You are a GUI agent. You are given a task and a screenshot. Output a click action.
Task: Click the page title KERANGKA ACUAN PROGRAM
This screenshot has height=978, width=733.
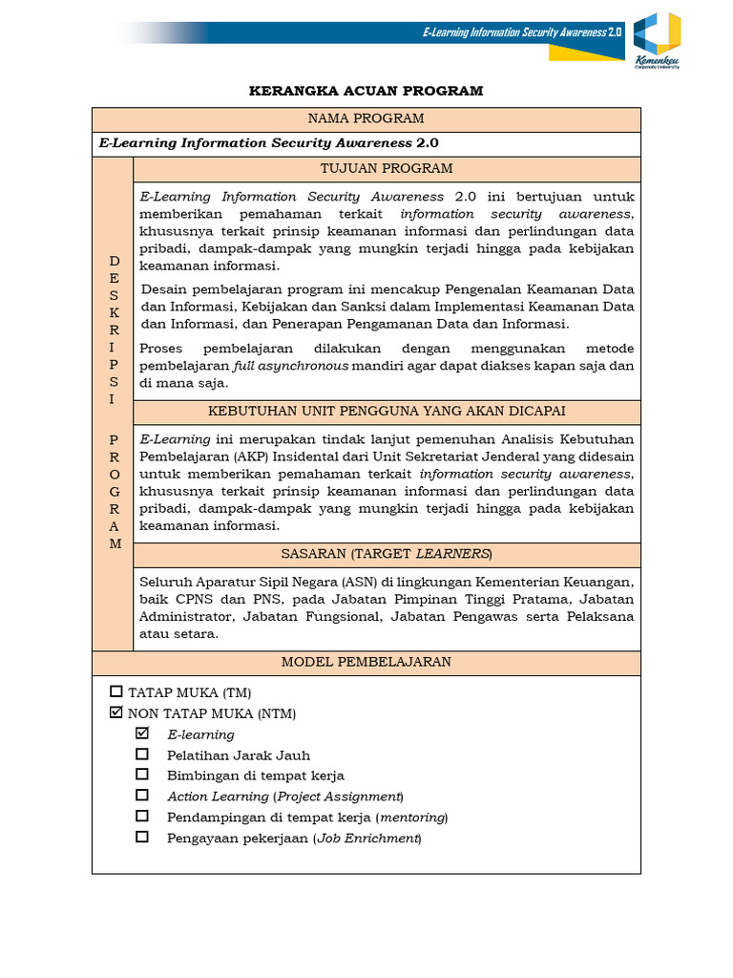[x=366, y=91]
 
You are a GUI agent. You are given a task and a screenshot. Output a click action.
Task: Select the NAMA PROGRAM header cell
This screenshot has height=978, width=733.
[x=366, y=118]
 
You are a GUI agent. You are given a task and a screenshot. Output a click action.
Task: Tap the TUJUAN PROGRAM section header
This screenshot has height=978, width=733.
[x=387, y=169]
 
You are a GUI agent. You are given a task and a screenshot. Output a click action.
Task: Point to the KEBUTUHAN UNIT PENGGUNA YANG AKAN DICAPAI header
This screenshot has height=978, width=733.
[x=387, y=411]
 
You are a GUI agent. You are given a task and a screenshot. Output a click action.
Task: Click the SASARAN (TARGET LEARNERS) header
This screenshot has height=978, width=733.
[x=387, y=554]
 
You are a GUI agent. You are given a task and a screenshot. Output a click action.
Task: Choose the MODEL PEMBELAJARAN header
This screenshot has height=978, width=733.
[x=366, y=662]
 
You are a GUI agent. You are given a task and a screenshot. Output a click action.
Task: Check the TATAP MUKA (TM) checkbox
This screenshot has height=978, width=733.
[x=116, y=691]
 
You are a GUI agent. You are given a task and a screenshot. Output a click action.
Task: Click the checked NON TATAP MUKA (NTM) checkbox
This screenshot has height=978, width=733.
[x=116, y=712]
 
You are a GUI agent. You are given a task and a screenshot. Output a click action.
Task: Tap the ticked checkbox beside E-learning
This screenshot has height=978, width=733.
[x=142, y=733]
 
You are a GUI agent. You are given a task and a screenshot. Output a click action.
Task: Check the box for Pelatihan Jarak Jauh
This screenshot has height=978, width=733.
[x=142, y=755]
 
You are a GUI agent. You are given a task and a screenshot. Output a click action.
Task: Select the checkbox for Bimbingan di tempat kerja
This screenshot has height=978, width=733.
[x=142, y=775]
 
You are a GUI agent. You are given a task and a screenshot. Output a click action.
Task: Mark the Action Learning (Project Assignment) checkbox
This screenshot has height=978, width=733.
[x=142, y=795]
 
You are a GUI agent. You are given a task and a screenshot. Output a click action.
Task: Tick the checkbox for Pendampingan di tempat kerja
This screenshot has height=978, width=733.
[x=142, y=816]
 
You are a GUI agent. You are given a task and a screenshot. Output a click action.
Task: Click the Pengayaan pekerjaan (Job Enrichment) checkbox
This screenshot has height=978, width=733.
[x=142, y=837]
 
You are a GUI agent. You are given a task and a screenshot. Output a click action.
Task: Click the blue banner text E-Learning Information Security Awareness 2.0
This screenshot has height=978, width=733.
[x=521, y=32]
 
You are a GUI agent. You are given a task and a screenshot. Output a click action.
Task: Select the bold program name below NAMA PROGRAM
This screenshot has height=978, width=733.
[x=268, y=143]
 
